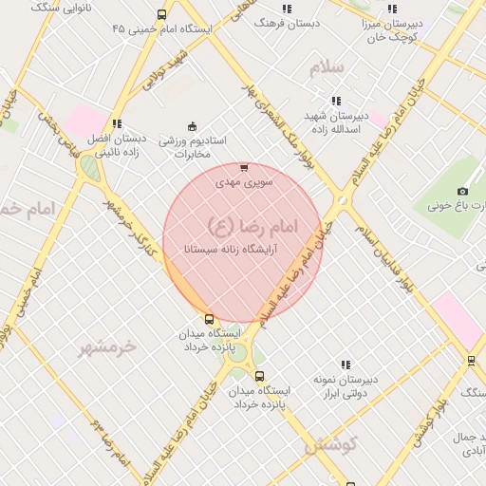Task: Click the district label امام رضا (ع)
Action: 252,225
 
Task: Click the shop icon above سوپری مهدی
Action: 244,167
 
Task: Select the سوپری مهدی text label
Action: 244,181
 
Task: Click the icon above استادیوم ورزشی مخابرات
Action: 192,126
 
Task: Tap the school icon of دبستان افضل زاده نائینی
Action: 117,123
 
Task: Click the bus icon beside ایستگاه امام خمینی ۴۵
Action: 161,14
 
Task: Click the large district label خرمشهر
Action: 108,346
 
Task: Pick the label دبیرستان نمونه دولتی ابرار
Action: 346,385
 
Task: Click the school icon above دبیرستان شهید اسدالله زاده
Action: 335,101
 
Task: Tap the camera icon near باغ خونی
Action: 462,192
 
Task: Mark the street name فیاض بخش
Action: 58,133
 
